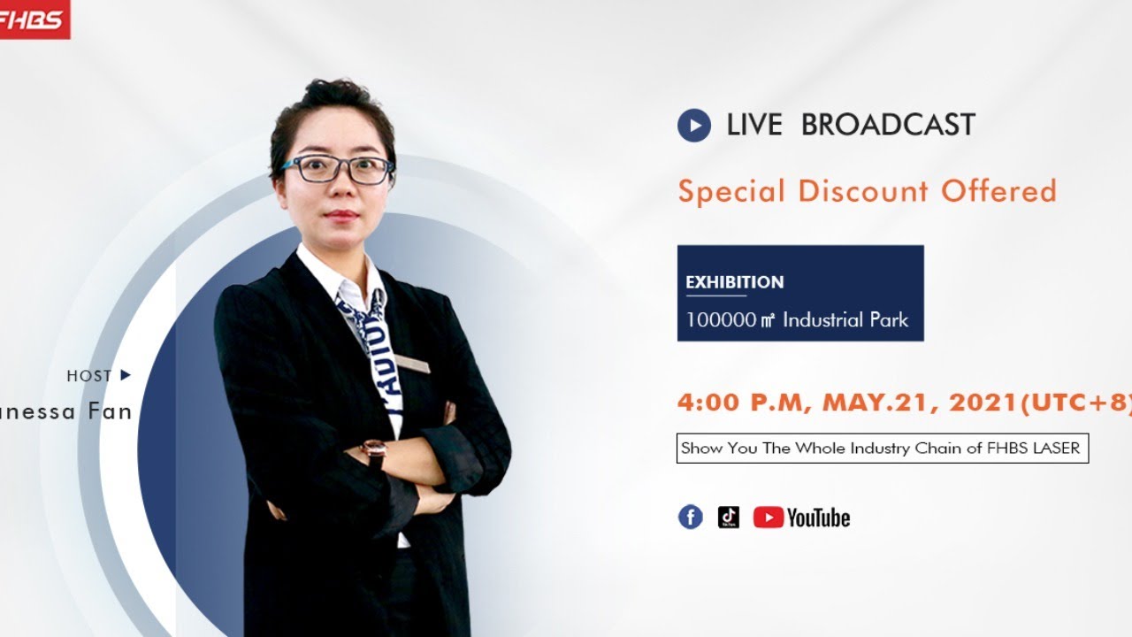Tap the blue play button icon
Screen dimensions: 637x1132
click(x=694, y=126)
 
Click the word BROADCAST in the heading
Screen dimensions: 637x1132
click(x=887, y=126)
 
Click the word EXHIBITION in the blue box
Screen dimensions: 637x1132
click(x=734, y=282)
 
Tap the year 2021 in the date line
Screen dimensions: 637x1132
click(x=983, y=403)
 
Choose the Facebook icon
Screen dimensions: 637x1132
click(x=691, y=518)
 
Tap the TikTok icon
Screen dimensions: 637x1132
click(x=729, y=518)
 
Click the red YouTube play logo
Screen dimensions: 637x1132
click(x=768, y=518)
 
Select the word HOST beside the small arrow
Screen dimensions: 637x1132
click(x=89, y=376)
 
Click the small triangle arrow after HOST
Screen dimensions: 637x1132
click(x=125, y=375)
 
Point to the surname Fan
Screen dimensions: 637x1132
click(x=110, y=411)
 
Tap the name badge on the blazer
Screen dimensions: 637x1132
click(x=412, y=364)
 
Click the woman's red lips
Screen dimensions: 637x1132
click(x=341, y=215)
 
